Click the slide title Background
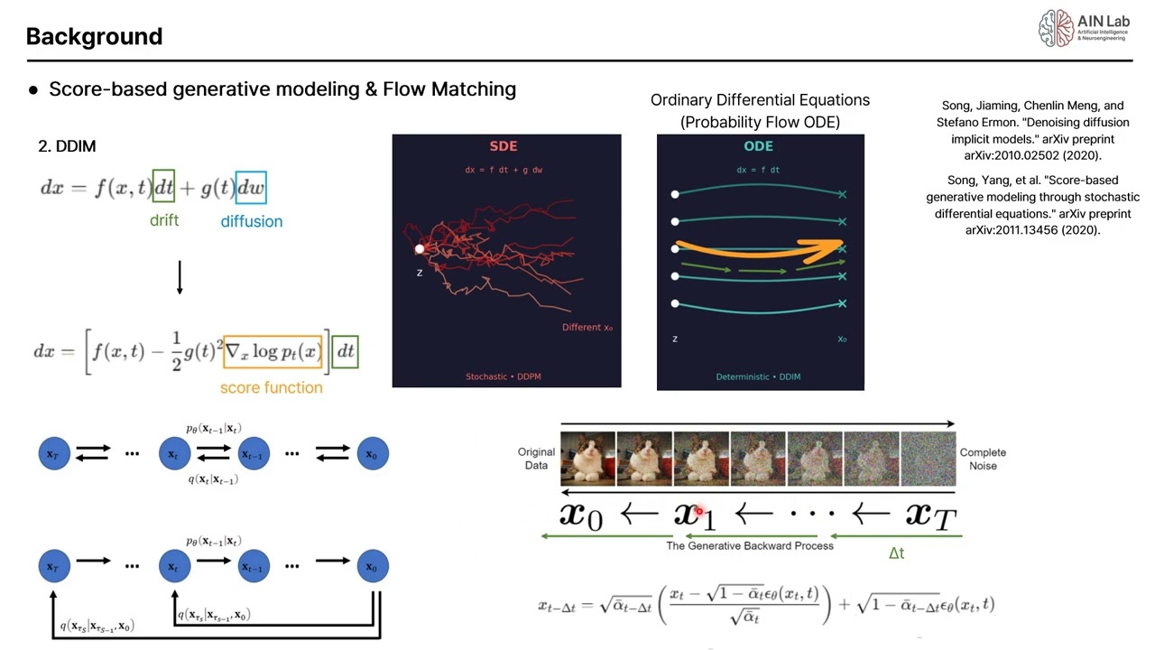pyautogui.click(x=94, y=37)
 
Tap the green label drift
pyautogui.click(x=164, y=220)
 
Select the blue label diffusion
pyautogui.click(x=251, y=221)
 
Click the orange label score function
pyautogui.click(x=271, y=387)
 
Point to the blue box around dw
pyautogui.click(x=251, y=187)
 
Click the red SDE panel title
pyautogui.click(x=504, y=146)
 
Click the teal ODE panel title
pyautogui.click(x=759, y=146)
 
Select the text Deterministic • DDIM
pyautogui.click(x=758, y=376)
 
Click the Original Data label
pyautogui.click(x=536, y=459)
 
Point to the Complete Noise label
pyautogui.click(x=983, y=459)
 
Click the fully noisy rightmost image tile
pyautogui.click(x=928, y=459)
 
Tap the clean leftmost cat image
pyautogui.click(x=588, y=459)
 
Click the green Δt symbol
pyautogui.click(x=896, y=552)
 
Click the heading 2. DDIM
pyautogui.click(x=67, y=146)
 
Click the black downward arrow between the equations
pyautogui.click(x=180, y=277)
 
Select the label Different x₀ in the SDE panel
pyautogui.click(x=587, y=328)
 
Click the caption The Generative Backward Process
pyautogui.click(x=750, y=545)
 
